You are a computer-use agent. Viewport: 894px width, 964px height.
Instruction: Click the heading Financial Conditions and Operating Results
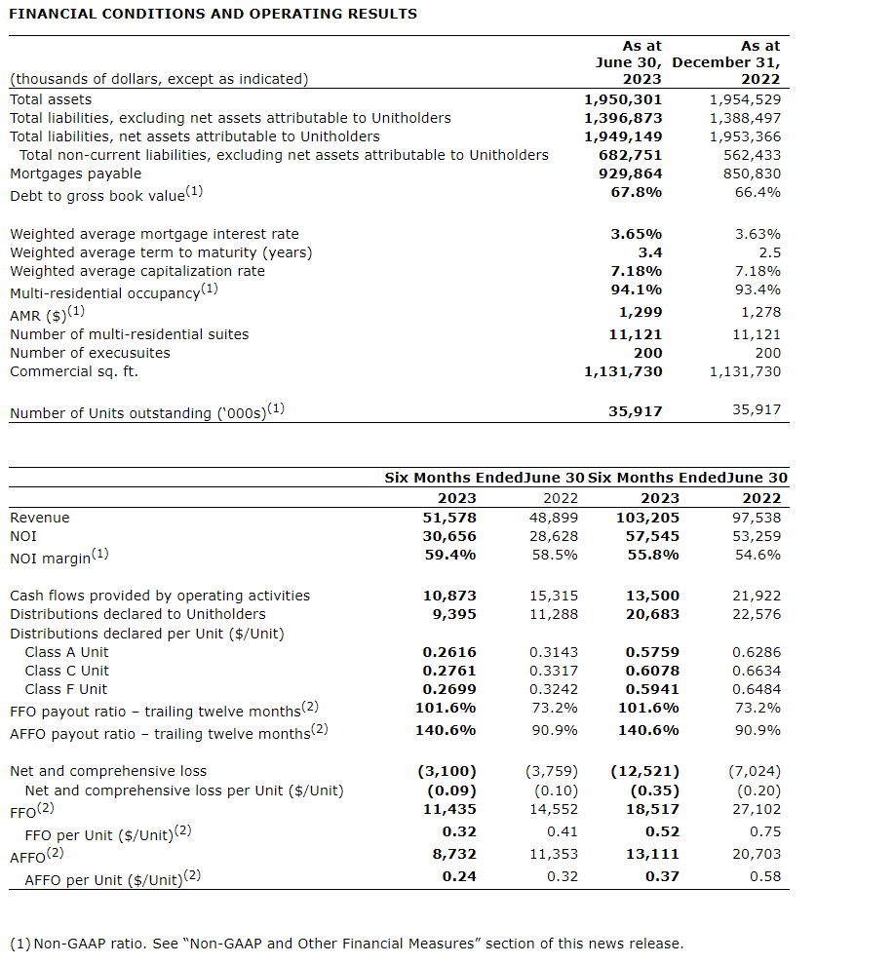coord(213,14)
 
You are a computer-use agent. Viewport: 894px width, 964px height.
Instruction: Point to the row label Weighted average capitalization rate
coord(136,271)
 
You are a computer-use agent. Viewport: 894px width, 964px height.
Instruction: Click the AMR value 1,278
coord(759,312)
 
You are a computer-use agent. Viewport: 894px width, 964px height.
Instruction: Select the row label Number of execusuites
coord(90,353)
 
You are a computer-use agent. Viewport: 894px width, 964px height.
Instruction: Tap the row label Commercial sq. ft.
coord(74,371)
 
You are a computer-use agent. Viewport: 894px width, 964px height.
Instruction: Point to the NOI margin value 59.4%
coord(448,555)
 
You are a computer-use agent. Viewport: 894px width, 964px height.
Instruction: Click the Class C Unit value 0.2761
coord(449,671)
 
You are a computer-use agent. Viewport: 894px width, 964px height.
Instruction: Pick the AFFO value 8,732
coord(454,854)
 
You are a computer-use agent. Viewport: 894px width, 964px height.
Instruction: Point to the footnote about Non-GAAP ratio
coord(346,944)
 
